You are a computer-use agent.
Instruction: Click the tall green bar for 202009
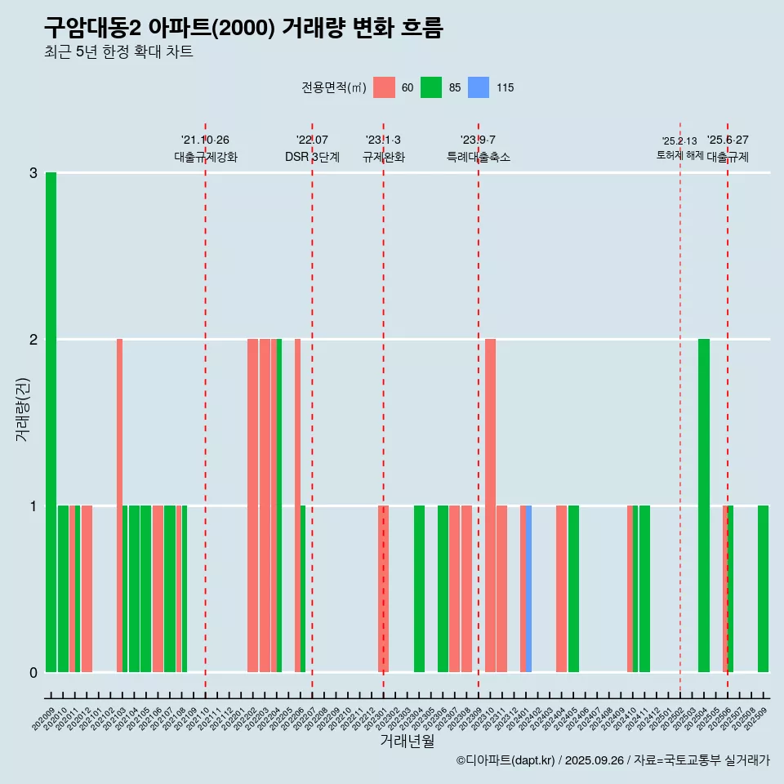point(51,422)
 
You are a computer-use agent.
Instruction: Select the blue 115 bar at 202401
point(529,589)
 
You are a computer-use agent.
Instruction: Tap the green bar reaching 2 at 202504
point(704,506)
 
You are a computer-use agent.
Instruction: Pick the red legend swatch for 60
point(384,87)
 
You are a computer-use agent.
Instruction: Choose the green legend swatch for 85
point(431,87)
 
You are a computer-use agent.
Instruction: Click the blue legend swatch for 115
point(479,87)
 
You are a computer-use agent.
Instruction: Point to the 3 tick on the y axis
point(33,173)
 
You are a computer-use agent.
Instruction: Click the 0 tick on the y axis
point(33,672)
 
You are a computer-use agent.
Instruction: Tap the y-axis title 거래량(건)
point(22,408)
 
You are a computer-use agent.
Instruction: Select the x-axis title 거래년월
point(407,741)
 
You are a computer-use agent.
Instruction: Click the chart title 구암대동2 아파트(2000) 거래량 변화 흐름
point(243,29)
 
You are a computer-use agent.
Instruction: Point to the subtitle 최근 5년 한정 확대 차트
point(119,53)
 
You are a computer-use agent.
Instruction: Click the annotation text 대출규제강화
point(206,157)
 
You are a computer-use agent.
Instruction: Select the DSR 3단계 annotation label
point(312,157)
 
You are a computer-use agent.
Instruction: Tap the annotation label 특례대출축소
point(479,157)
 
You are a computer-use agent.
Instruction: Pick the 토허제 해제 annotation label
point(679,155)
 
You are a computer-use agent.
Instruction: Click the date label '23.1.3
point(383,140)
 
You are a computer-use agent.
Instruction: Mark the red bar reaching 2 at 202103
point(119,506)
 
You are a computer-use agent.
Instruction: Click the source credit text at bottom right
point(612,760)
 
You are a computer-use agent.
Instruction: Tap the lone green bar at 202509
point(763,589)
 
